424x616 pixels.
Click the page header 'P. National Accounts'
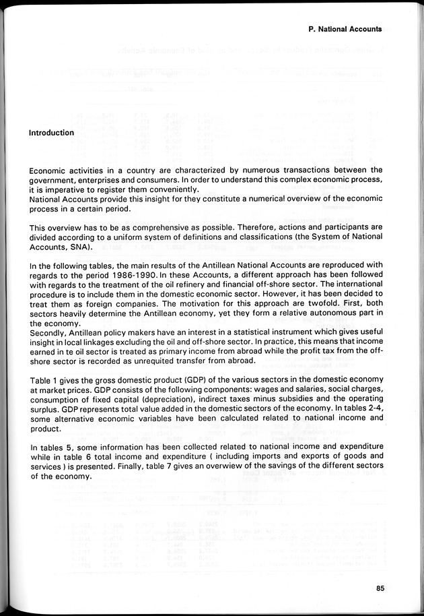coord(345,29)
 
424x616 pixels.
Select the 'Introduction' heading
coord(51,133)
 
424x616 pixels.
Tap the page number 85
coord(380,588)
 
